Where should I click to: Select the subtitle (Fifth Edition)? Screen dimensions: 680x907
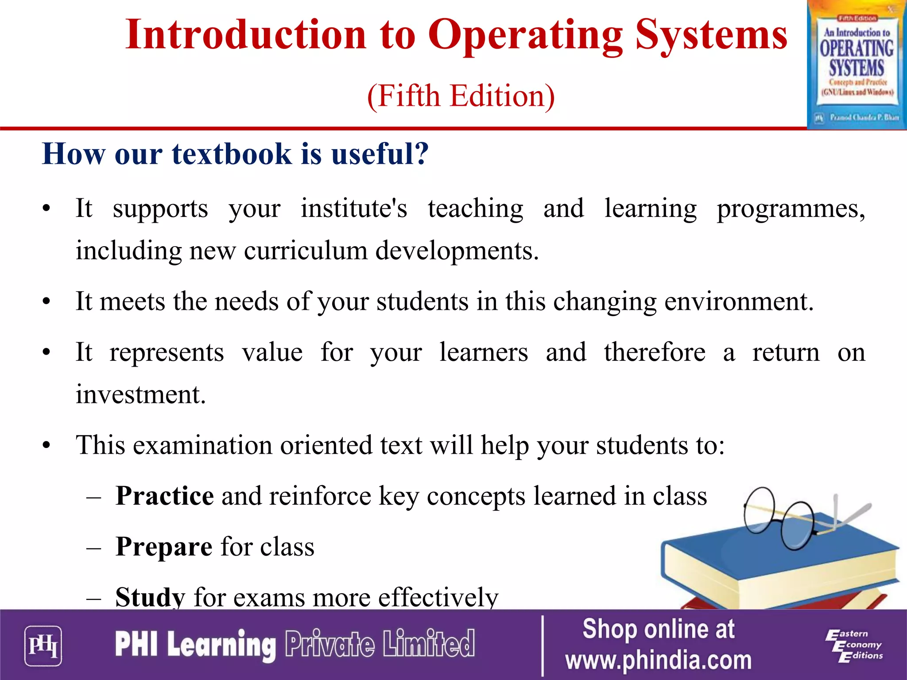(x=461, y=96)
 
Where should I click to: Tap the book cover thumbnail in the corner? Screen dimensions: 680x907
(x=857, y=65)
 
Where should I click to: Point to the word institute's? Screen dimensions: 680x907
(x=354, y=208)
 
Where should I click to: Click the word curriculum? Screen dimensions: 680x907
(x=306, y=251)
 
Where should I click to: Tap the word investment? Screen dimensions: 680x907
(x=140, y=394)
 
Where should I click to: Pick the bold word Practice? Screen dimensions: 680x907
(x=165, y=496)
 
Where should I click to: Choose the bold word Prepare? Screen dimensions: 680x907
(x=164, y=547)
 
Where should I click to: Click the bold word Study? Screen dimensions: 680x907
(x=150, y=597)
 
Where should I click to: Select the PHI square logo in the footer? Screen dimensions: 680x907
(x=43, y=645)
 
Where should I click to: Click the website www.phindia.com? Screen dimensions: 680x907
(x=659, y=661)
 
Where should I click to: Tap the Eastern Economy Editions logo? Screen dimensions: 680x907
(x=854, y=645)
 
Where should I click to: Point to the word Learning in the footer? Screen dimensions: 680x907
(x=221, y=645)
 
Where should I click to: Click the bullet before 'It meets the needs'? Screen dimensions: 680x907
(x=47, y=302)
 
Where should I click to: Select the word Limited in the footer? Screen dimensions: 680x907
(x=429, y=644)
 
